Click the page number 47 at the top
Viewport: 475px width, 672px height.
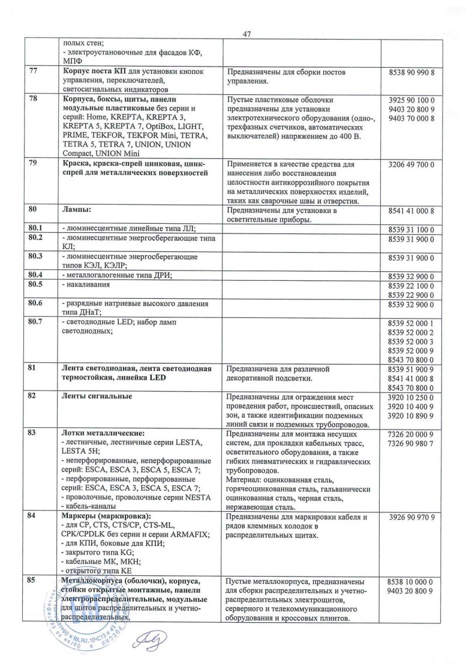point(246,34)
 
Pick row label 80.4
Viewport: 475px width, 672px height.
point(37,275)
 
